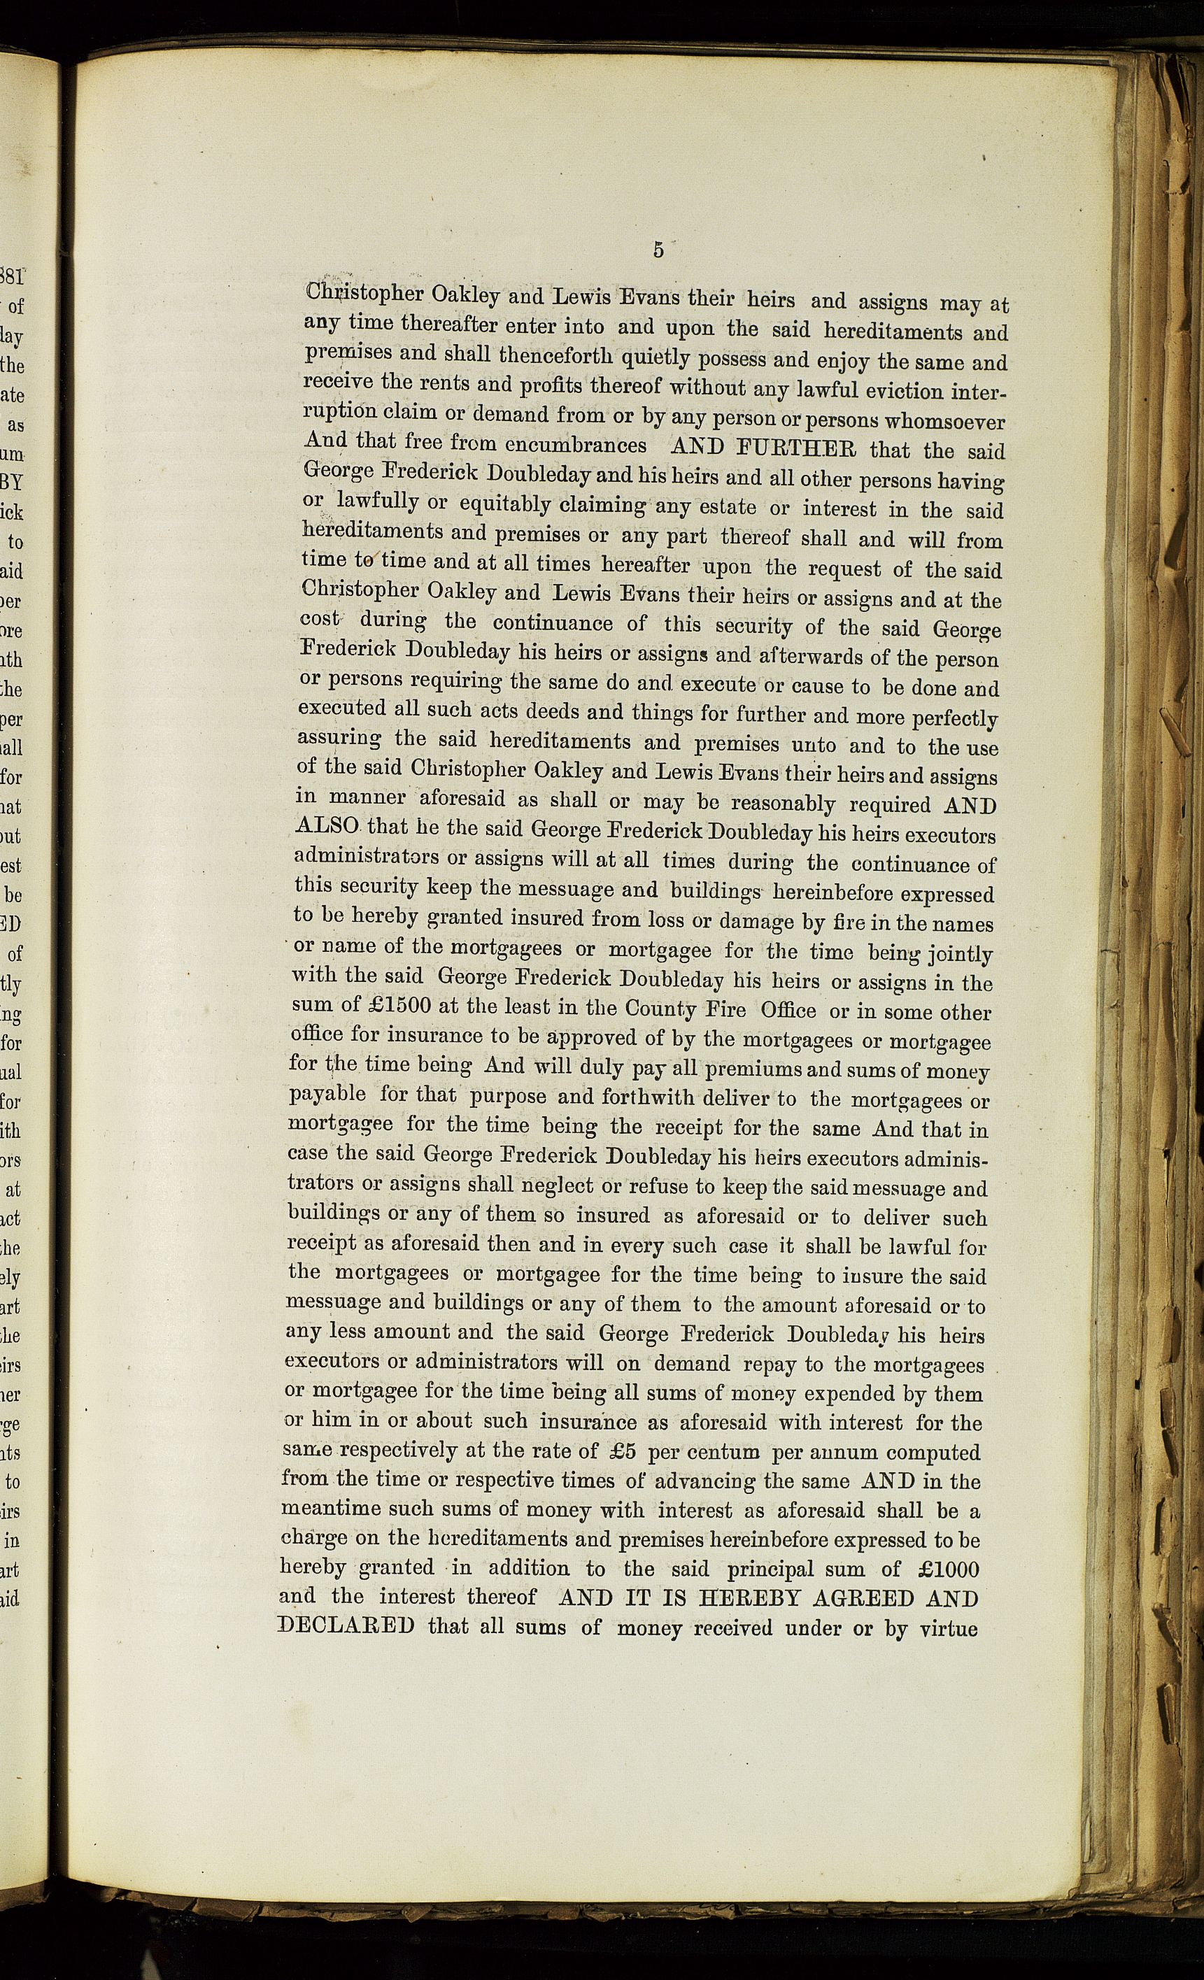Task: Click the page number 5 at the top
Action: click(x=658, y=250)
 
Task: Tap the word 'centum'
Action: click(x=722, y=1452)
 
